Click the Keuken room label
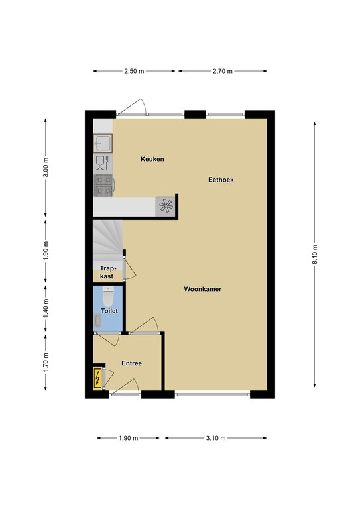[x=152, y=159]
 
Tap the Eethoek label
[x=221, y=180]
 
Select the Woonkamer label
[x=203, y=289]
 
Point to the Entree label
[x=131, y=363]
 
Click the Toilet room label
[x=109, y=311]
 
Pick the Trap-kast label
[x=107, y=272]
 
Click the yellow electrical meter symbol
[x=97, y=378]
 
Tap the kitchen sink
[x=103, y=143]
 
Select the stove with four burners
[x=103, y=186]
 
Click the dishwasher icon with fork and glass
[x=102, y=163]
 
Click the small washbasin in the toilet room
[x=97, y=321]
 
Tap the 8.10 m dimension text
[x=314, y=254]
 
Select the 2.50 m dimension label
[x=134, y=71]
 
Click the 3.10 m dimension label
[x=215, y=438]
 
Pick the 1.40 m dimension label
[x=46, y=308]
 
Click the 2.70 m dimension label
[x=222, y=71]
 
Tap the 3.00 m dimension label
[x=46, y=167]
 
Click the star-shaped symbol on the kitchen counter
[x=166, y=206]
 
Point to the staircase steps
[x=107, y=241]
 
